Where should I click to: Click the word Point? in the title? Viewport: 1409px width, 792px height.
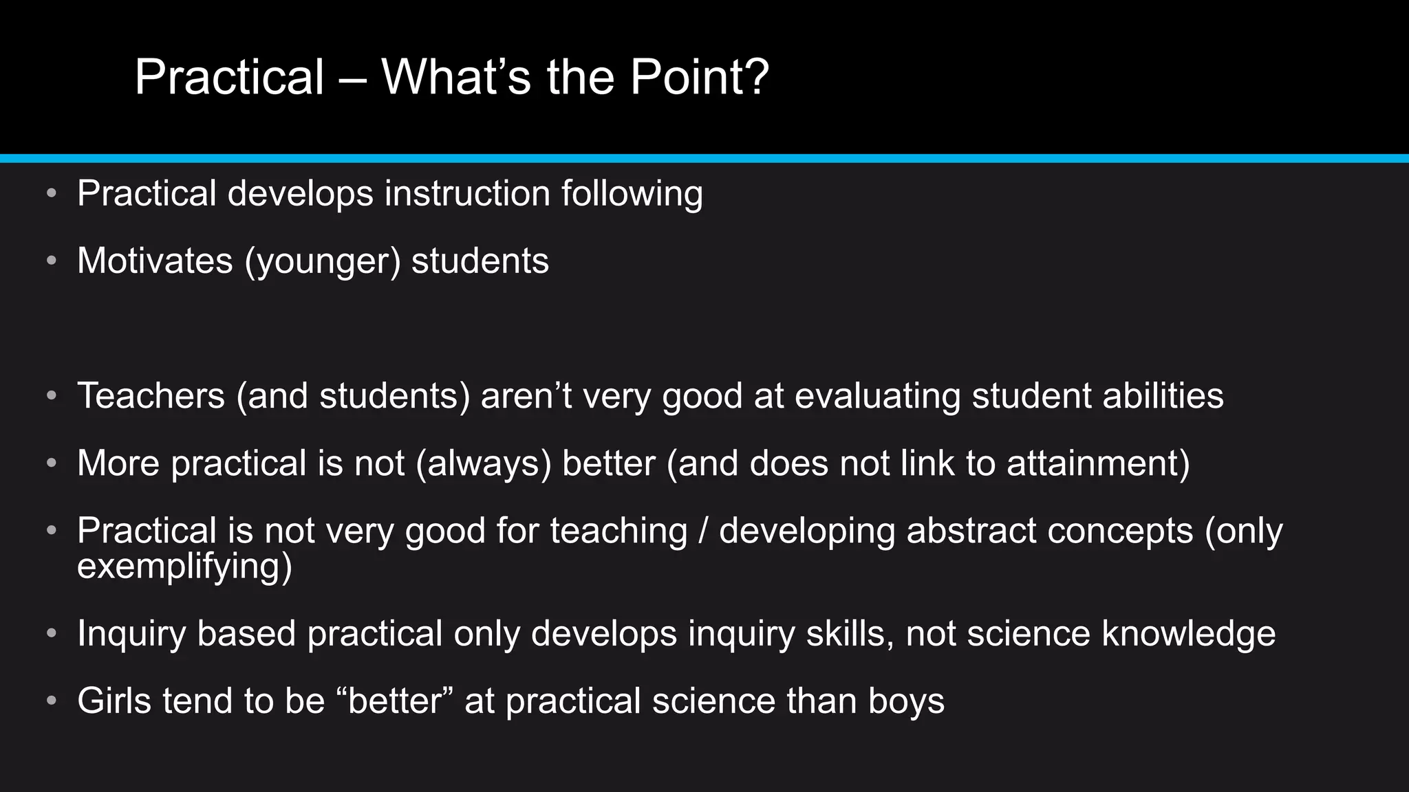tap(699, 77)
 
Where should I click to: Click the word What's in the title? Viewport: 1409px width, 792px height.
tap(456, 77)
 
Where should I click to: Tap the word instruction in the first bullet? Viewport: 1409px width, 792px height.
tap(467, 193)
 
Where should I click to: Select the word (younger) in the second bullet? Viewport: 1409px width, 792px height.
tap(322, 261)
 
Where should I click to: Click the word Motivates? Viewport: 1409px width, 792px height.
tap(155, 261)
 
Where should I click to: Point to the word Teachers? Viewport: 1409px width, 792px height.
tap(151, 396)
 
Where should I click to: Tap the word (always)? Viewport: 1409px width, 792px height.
tap(484, 463)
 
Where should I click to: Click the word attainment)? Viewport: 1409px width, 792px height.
tap(1099, 463)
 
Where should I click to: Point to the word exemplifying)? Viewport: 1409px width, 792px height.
tap(184, 566)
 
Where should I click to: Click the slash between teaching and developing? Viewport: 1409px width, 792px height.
tap(703, 531)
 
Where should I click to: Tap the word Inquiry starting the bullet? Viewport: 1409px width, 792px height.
tap(131, 633)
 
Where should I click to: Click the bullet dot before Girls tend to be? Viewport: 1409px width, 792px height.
tap(52, 701)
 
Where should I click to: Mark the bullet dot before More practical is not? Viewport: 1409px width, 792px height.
tap(52, 463)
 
